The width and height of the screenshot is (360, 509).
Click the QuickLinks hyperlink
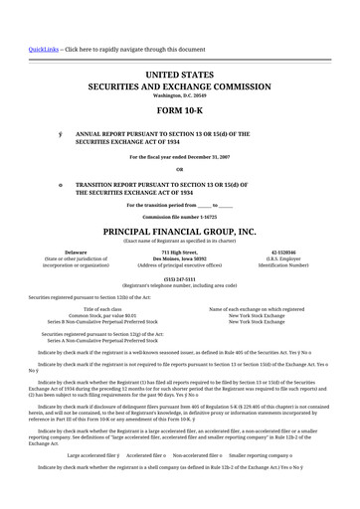click(43, 49)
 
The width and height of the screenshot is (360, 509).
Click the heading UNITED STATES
click(179, 76)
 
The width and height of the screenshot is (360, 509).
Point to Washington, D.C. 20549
click(179, 94)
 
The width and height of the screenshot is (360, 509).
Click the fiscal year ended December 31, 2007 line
click(179, 157)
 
